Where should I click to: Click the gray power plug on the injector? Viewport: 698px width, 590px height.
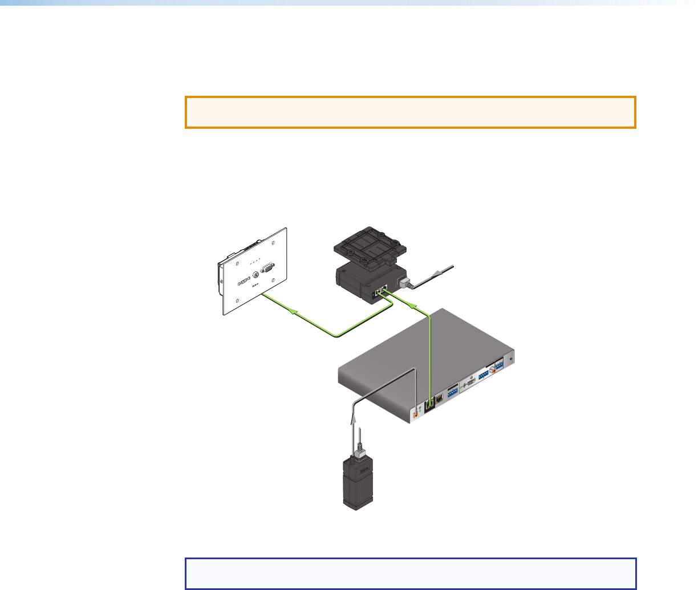click(405, 280)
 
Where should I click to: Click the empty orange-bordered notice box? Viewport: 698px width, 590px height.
click(410, 112)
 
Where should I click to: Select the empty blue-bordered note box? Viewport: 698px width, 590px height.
click(410, 573)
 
